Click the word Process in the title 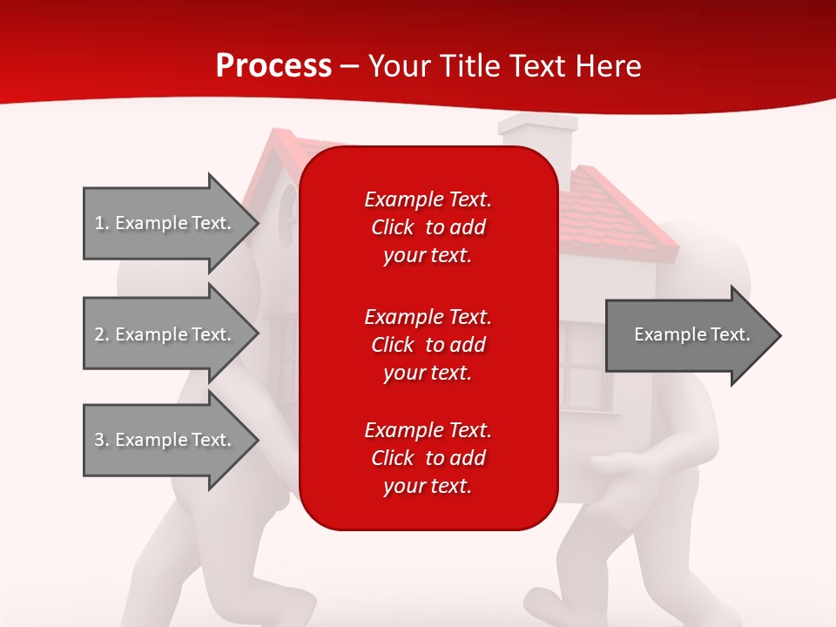tap(274, 66)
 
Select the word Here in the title tap(608, 66)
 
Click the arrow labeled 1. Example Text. tap(171, 224)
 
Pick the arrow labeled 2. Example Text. tap(171, 334)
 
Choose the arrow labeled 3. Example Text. tap(171, 440)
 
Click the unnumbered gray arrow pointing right tap(693, 335)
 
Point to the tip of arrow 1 tap(259, 224)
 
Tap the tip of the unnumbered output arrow tap(781, 335)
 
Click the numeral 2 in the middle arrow tap(99, 334)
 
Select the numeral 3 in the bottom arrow tap(99, 440)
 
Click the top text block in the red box tap(428, 227)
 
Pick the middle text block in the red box tap(428, 345)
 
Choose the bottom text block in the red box tap(428, 458)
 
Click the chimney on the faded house tap(538, 144)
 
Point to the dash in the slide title tap(349, 68)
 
